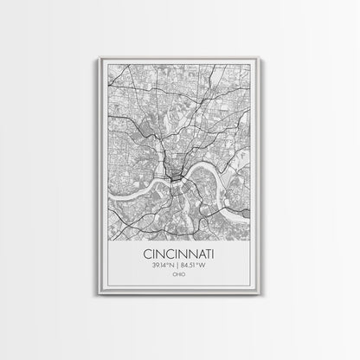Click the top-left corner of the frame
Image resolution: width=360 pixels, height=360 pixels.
coord(101,58)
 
